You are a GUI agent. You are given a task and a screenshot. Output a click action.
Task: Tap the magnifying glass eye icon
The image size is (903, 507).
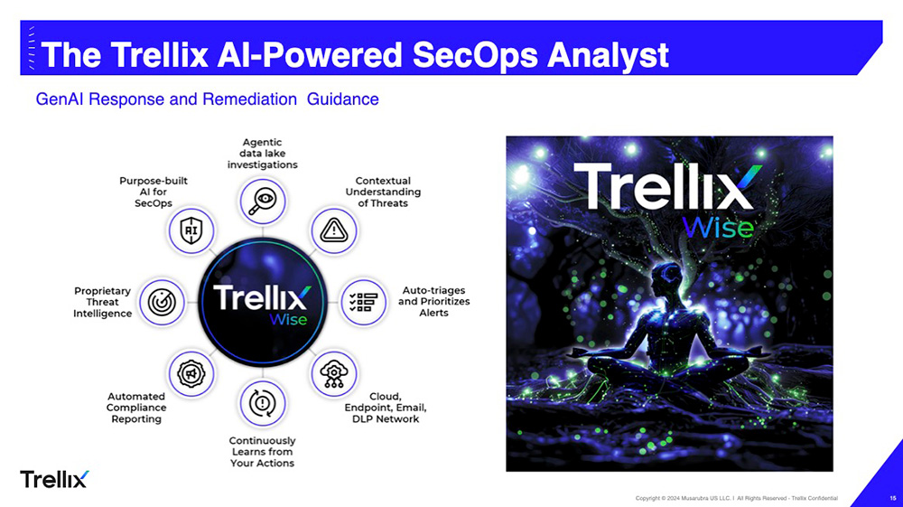pos(262,200)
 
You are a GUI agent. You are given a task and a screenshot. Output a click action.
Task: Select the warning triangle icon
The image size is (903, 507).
pos(334,230)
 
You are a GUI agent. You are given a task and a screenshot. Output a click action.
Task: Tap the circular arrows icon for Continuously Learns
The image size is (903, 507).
pos(263,403)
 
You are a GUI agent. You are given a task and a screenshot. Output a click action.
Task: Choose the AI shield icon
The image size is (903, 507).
pos(191,230)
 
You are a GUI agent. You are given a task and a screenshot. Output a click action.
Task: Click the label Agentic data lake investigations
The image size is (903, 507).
pos(262,154)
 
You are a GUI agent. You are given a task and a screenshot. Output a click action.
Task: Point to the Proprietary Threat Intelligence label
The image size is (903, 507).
pos(102,302)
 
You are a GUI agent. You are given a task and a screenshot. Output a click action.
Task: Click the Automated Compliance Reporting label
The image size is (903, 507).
pos(135,408)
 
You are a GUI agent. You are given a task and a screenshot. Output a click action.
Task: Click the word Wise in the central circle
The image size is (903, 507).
pos(288,319)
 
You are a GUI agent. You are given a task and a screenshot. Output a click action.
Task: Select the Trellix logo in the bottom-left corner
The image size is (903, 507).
pos(54,478)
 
